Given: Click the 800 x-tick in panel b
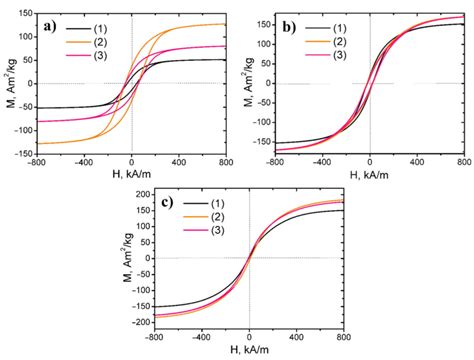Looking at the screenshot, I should point(462,163).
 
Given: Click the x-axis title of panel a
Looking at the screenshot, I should point(132,176).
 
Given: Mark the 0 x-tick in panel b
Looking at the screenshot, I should point(369,163).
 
